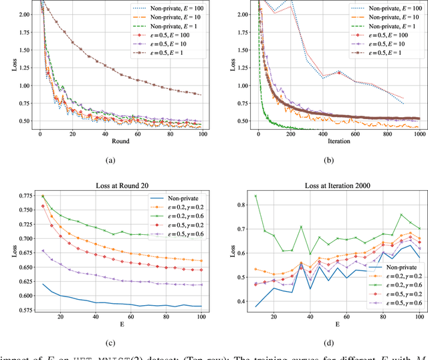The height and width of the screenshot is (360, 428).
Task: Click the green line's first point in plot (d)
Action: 255,196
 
